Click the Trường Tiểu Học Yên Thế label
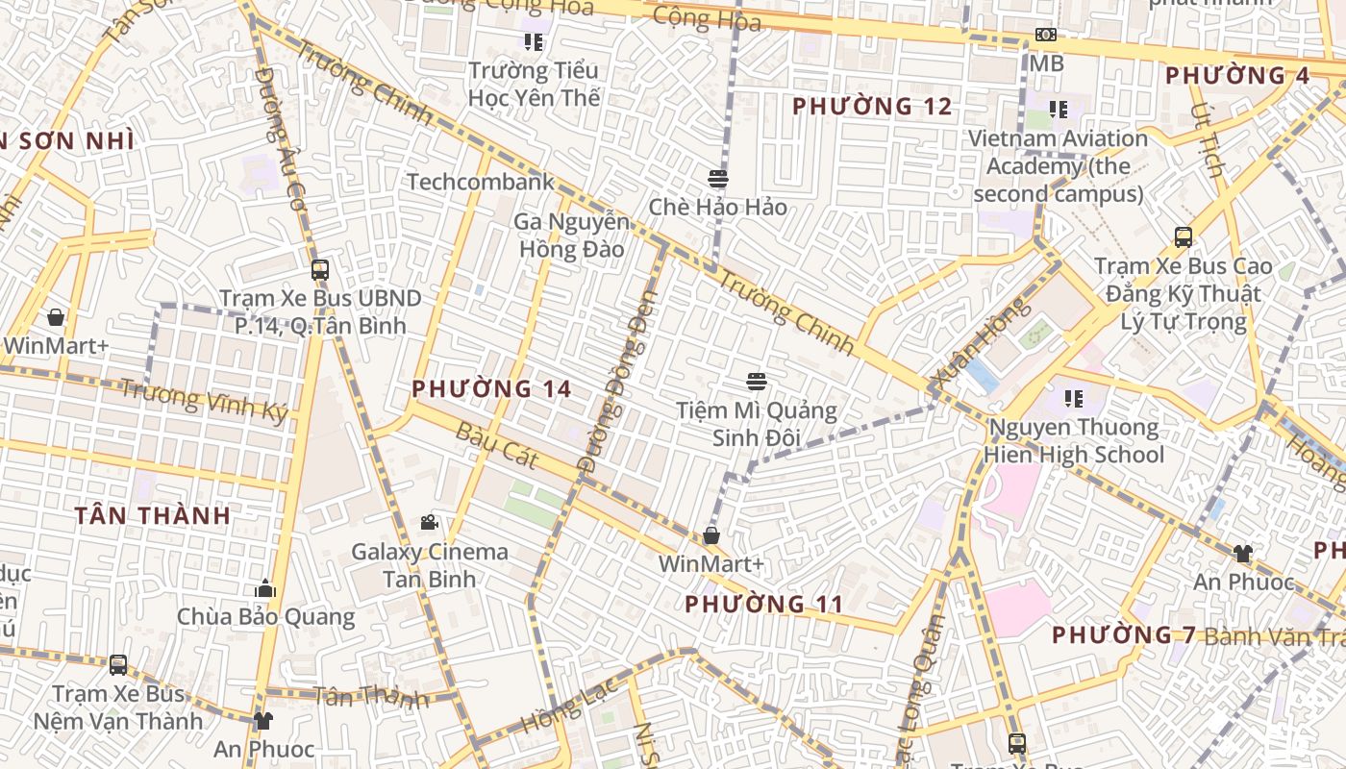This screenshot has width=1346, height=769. pyautogui.click(x=534, y=84)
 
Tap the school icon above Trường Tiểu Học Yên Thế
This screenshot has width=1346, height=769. pyautogui.click(x=534, y=41)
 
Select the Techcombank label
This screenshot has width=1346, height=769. pyautogui.click(x=481, y=182)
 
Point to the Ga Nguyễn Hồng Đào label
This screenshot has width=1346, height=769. pyautogui.click(x=572, y=236)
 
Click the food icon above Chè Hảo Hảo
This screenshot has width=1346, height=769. pyautogui.click(x=717, y=179)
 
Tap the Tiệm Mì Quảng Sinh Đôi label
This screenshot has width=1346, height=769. pyautogui.click(x=757, y=424)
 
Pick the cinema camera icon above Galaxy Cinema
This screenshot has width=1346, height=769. pyautogui.click(x=429, y=522)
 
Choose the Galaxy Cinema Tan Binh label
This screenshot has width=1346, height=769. pyautogui.click(x=430, y=565)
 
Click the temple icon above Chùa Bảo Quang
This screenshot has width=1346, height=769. pyautogui.click(x=265, y=588)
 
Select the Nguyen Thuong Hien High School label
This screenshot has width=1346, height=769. pyautogui.click(x=1074, y=440)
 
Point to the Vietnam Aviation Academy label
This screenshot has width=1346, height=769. pyautogui.click(x=1058, y=166)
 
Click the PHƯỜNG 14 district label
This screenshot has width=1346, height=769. pyautogui.click(x=491, y=389)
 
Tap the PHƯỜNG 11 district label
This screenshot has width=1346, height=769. pyautogui.click(x=764, y=605)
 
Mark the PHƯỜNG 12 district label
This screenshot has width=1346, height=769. pyautogui.click(x=872, y=107)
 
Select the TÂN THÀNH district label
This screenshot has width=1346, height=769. pyautogui.click(x=153, y=516)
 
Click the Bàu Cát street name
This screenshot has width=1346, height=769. pyautogui.click(x=497, y=444)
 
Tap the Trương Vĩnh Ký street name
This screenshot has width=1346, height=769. pyautogui.click(x=204, y=399)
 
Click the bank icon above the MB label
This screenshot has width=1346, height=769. pyautogui.click(x=1045, y=36)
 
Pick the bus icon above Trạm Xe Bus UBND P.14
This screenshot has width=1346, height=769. pyautogui.click(x=320, y=270)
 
